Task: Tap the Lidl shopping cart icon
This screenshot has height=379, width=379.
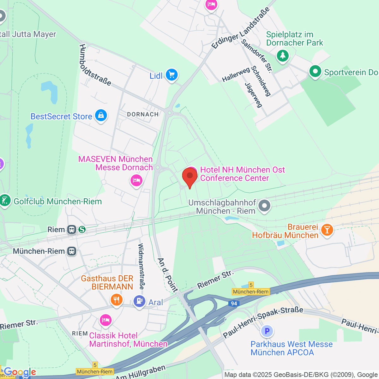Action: click(x=172, y=75)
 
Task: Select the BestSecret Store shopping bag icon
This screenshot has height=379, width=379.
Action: click(x=101, y=116)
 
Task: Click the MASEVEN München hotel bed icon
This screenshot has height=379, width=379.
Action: click(x=136, y=181)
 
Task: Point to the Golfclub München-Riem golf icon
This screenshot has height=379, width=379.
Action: click(x=5, y=201)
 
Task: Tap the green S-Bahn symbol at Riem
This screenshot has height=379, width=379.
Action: click(x=82, y=230)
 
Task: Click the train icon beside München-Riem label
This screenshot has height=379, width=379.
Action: click(x=72, y=251)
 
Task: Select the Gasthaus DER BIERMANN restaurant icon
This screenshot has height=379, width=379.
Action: click(x=117, y=299)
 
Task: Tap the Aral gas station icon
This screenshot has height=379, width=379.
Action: click(x=139, y=301)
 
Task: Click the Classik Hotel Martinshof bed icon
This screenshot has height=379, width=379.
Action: click(x=105, y=320)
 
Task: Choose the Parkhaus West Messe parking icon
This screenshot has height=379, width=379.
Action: click(x=267, y=331)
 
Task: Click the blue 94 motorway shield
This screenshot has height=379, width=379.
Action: click(x=233, y=304)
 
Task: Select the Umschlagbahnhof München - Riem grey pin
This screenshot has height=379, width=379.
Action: click(x=264, y=206)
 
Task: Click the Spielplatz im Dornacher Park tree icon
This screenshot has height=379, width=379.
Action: click(x=283, y=56)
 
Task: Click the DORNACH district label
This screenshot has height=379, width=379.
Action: click(x=143, y=114)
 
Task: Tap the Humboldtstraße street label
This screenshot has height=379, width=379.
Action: click(x=95, y=65)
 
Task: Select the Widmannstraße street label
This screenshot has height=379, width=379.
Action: click(x=141, y=266)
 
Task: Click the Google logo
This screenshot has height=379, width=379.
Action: click(x=20, y=372)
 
